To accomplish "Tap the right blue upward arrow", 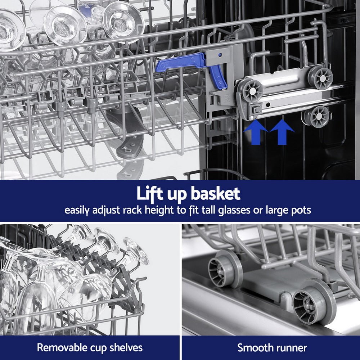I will [282, 132].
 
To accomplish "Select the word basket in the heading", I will [215, 194].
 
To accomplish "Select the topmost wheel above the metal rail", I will [320, 77].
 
